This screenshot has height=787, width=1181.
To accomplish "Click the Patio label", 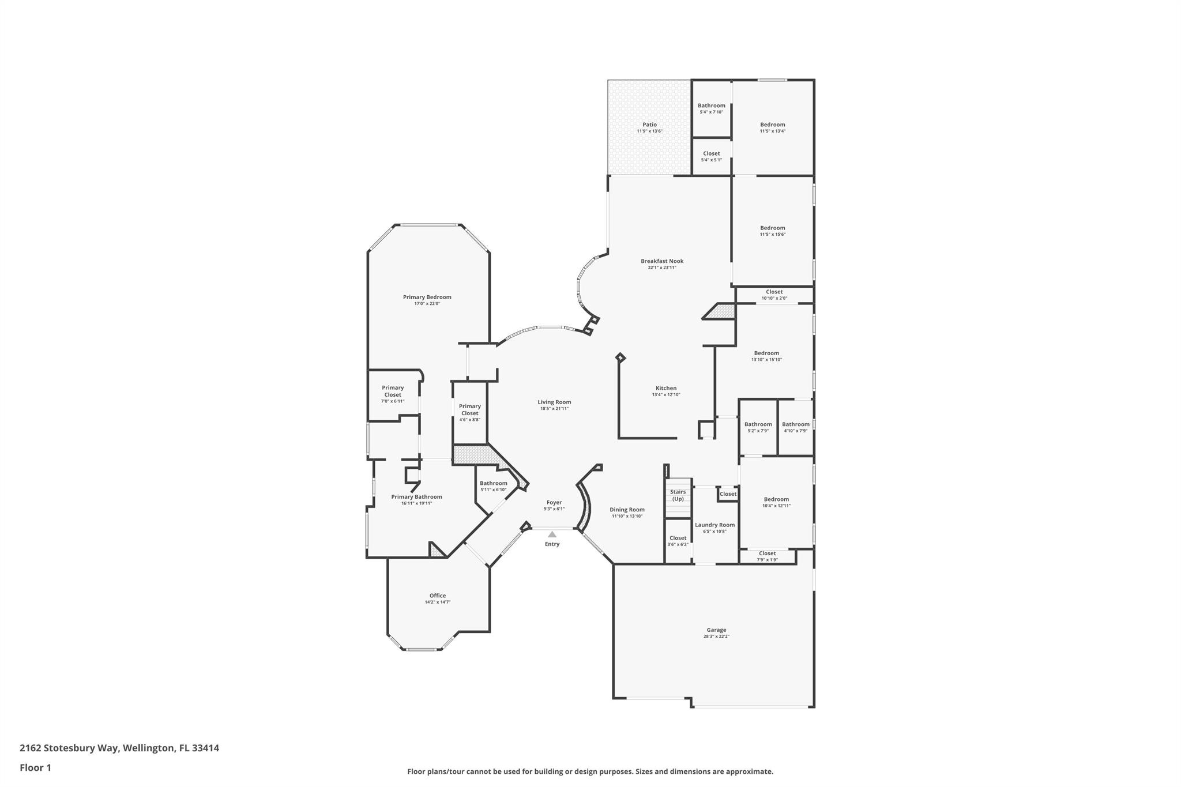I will [649, 125].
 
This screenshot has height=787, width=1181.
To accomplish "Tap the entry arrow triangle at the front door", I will [552, 534].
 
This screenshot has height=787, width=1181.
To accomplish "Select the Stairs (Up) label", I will [678, 495].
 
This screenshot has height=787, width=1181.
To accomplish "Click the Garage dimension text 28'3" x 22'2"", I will [716, 637].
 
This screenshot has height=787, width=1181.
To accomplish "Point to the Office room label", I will [437, 596].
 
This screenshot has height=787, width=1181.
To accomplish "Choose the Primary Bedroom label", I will [427, 297].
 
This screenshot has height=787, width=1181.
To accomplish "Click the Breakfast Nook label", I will [662, 261].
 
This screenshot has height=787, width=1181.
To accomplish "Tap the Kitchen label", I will [666, 388].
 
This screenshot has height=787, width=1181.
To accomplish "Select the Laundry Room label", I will [714, 525].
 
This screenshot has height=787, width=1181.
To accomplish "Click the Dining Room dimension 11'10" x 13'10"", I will [627, 516].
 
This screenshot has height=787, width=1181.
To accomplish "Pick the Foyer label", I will [554, 502].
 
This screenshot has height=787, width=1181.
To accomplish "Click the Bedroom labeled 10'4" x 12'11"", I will [776, 499].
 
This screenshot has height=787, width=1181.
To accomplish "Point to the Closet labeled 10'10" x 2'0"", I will [774, 292].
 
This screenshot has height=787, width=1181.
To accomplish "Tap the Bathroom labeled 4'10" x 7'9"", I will [795, 424].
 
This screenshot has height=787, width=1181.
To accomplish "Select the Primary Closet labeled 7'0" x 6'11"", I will [393, 391].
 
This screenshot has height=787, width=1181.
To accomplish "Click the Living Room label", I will [554, 402].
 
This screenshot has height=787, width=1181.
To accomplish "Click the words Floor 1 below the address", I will [35, 767].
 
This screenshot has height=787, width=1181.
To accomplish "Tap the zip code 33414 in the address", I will [205, 748].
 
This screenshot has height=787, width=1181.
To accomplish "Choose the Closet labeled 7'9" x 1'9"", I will [767, 553].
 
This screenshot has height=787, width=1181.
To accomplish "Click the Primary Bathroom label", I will [416, 496].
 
